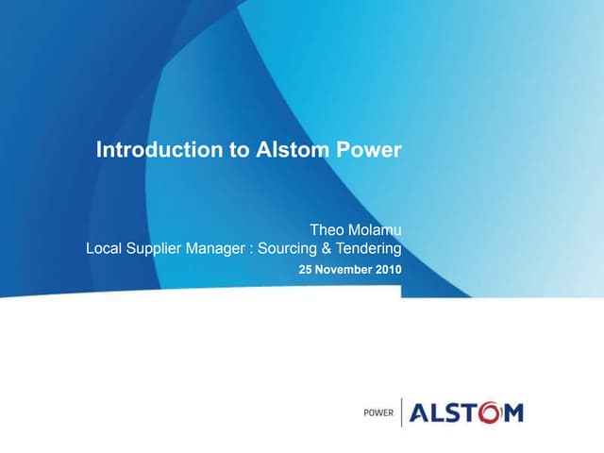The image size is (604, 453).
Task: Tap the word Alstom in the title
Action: [291, 149]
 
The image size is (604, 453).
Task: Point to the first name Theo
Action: [327, 229]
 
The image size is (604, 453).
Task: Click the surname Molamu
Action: [374, 229]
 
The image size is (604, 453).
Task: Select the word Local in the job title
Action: [104, 249]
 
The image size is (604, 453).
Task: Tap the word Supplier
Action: [157, 249]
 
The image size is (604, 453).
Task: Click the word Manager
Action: [224, 249]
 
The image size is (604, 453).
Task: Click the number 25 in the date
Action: [306, 270]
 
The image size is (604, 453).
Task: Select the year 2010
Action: [388, 270]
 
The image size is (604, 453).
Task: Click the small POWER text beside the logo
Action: [379, 413]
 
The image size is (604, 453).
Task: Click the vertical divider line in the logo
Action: [402, 412]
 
